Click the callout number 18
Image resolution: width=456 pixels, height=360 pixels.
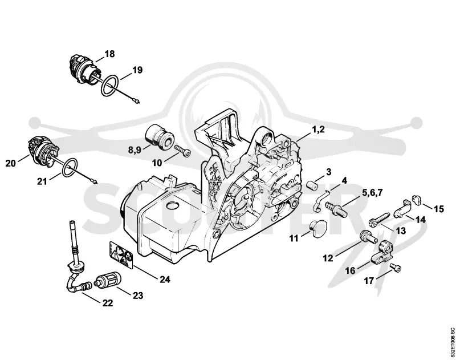click(x=109, y=54)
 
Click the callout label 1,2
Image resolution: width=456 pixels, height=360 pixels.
click(x=318, y=130)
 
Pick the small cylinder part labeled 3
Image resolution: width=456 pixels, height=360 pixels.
click(x=313, y=185)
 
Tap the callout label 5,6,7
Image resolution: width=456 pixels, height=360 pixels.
click(x=372, y=193)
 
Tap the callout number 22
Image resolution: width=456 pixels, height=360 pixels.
click(x=107, y=303)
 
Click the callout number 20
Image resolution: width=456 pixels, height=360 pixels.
click(x=10, y=163)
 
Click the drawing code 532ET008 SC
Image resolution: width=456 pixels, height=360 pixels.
click(x=451, y=343)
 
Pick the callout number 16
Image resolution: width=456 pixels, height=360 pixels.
click(x=350, y=270)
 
